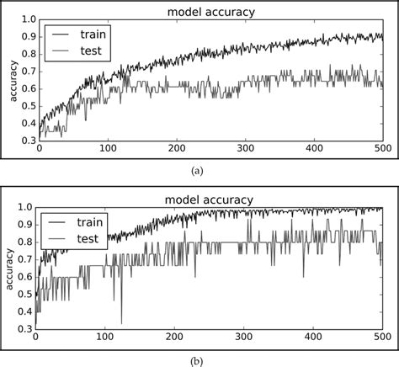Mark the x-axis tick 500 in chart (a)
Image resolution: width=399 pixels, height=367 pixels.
[x=383, y=148]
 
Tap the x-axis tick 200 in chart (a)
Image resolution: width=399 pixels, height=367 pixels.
[x=177, y=148]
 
